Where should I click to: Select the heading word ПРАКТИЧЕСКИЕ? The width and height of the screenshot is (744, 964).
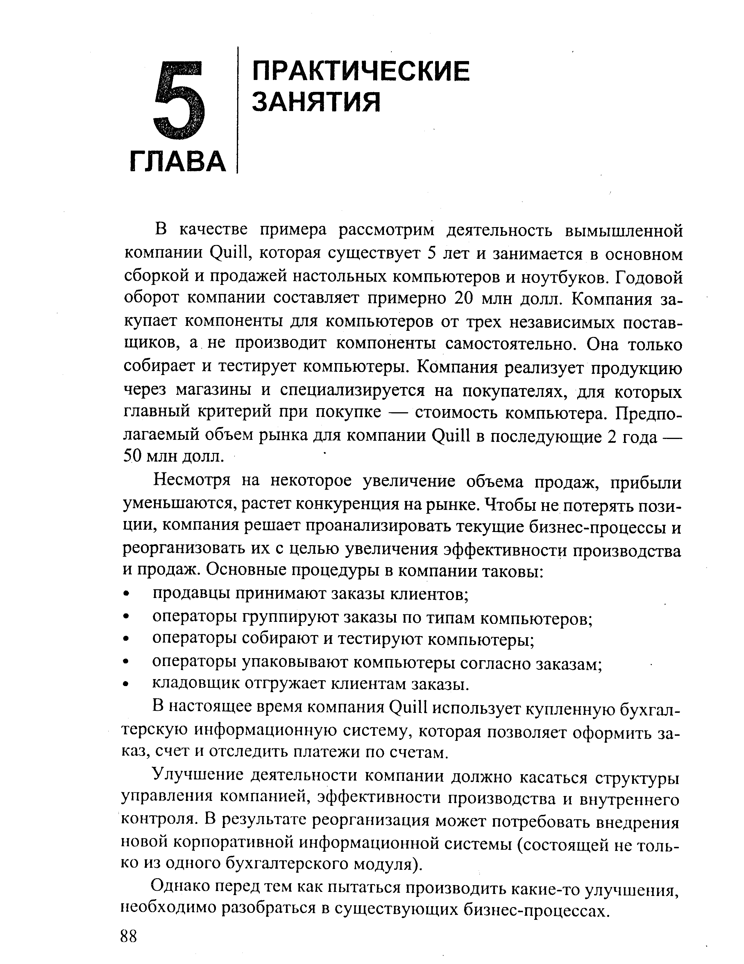pyautogui.click(x=361, y=72)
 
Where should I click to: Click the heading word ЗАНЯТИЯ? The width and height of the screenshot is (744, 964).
pyautogui.click(x=316, y=102)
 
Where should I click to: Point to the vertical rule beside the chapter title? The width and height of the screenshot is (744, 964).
pyautogui.click(x=238, y=110)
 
